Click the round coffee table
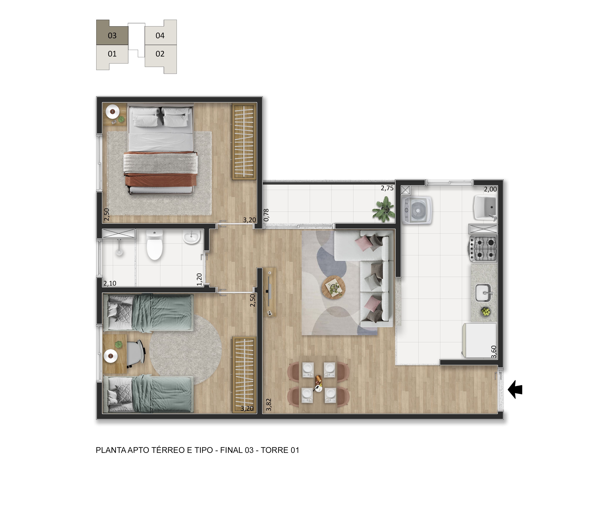tap(334, 287)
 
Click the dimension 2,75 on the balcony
tap(387, 188)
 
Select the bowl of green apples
tap(486, 312)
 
